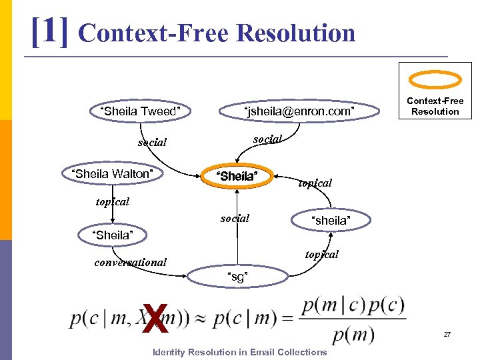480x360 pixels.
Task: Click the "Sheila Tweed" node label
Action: pyautogui.click(x=140, y=111)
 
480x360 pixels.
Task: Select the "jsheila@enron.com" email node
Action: pyautogui.click(x=299, y=111)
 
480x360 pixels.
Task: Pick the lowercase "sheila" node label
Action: pyautogui.click(x=330, y=221)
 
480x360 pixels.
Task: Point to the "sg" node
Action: pyautogui.click(x=237, y=277)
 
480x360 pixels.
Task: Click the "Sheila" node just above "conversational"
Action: pyautogui.click(x=111, y=235)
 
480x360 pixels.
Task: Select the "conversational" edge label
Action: pyautogui.click(x=131, y=262)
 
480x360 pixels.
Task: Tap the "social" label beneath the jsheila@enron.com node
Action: pyautogui.click(x=268, y=139)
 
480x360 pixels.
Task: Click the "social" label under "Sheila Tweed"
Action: pyautogui.click(x=152, y=143)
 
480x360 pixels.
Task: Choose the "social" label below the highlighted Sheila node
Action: pyautogui.click(x=235, y=218)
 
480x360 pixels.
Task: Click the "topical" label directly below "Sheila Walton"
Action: pyautogui.click(x=112, y=201)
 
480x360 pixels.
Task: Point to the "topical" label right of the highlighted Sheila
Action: pyautogui.click(x=315, y=183)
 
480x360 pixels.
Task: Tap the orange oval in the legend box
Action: pyautogui.click(x=435, y=80)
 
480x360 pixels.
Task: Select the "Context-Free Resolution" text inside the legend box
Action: pyautogui.click(x=435, y=106)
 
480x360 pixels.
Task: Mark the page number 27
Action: pyautogui.click(x=448, y=333)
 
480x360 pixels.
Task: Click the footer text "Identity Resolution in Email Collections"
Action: pyautogui.click(x=240, y=352)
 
